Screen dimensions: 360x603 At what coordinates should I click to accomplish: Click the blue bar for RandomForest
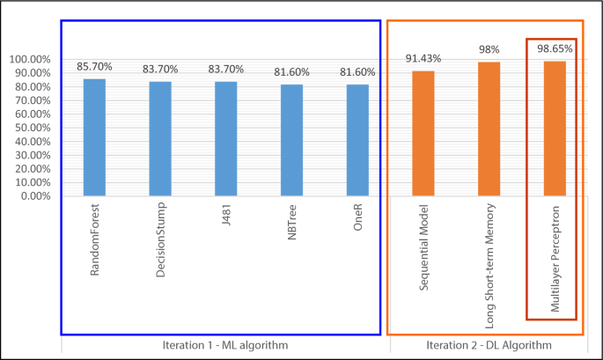tap(94, 137)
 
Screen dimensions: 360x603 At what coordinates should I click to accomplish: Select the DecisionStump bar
tap(160, 138)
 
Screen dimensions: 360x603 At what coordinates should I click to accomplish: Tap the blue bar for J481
tap(225, 138)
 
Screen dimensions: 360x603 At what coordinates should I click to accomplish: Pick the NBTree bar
tap(291, 140)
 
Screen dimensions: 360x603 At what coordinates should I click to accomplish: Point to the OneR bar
tap(357, 140)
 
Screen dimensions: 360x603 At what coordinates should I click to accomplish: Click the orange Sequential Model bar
tap(423, 133)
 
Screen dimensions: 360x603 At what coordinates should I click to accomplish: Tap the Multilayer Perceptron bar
tap(555, 129)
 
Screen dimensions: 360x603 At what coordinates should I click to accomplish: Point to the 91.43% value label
tap(423, 58)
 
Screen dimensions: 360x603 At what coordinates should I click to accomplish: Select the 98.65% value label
tap(555, 49)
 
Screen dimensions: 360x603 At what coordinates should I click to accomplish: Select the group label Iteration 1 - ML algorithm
tap(224, 345)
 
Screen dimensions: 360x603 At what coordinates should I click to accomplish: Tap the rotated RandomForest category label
tap(95, 243)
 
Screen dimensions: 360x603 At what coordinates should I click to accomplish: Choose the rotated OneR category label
tap(357, 224)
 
